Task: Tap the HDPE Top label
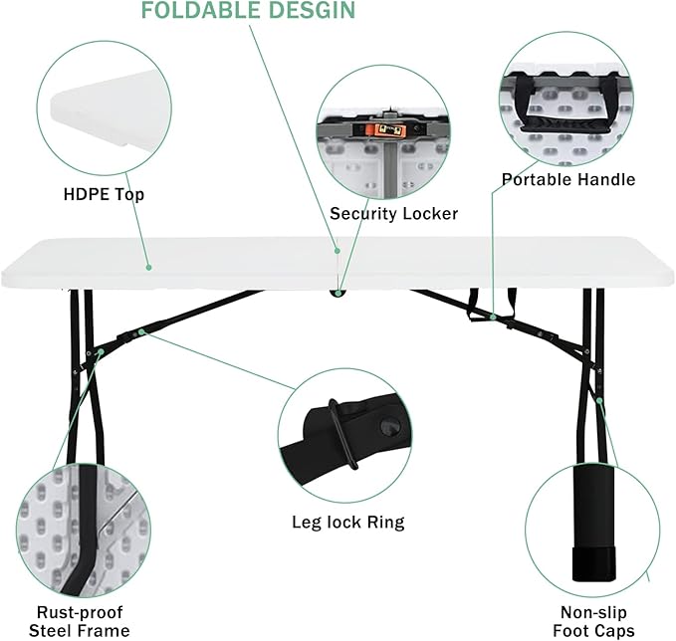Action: point(104,194)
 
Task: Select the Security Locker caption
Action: point(393,214)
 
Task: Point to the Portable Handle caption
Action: point(568,179)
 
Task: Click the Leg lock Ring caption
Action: point(348,522)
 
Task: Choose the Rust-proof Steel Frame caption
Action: point(80,621)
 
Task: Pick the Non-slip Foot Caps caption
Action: point(593,621)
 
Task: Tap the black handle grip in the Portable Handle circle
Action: point(558,125)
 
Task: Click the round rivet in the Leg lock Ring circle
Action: point(389,427)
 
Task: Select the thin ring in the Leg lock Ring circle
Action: point(342,434)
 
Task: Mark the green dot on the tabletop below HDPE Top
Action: point(148,268)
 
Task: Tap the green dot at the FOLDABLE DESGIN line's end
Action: point(338,251)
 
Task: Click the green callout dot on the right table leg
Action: point(599,401)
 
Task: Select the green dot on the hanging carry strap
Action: point(493,318)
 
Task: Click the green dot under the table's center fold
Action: point(338,293)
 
